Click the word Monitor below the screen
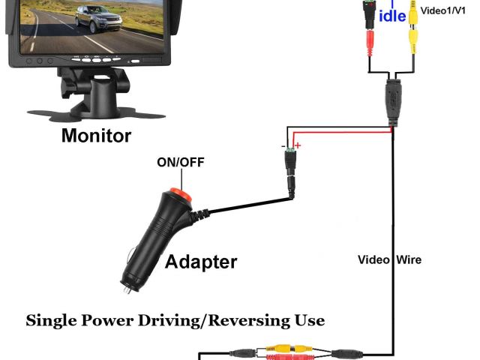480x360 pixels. pos(95,136)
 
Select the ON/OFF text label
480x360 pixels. pos(180,162)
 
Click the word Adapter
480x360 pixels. pos(200,262)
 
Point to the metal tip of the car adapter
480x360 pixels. pos(126,286)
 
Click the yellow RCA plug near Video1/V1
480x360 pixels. pos(413,37)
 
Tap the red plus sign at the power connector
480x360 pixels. pos(297,145)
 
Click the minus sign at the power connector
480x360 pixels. pos(284,145)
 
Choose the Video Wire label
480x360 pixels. pos(388,259)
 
